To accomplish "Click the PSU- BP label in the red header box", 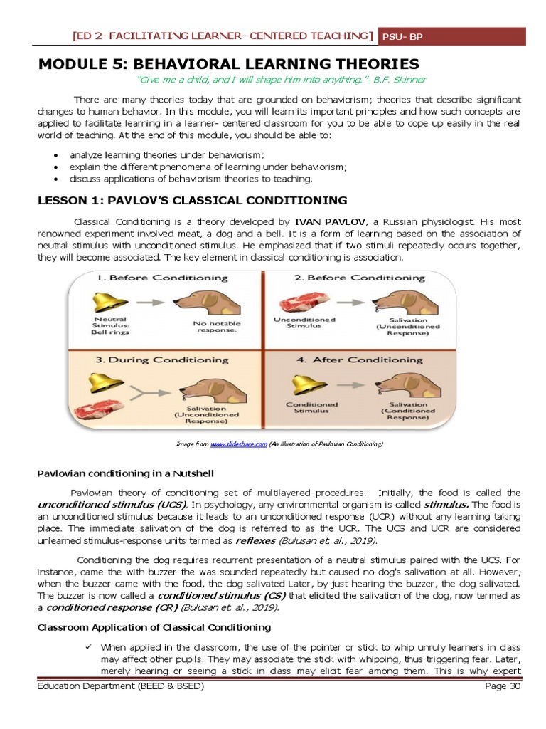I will pos(402,36).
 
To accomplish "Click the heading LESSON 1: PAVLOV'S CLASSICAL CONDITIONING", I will pos(192,200).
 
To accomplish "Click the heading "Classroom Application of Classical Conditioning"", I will pos(154,627).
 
